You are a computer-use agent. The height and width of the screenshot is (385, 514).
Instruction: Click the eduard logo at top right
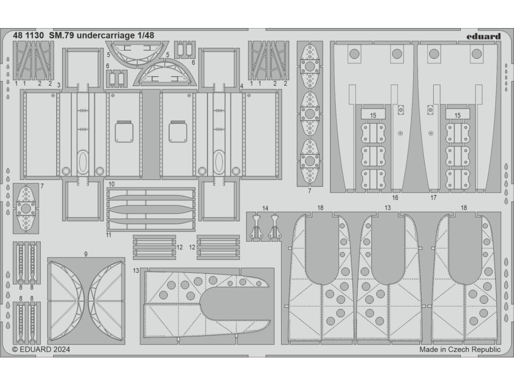pos(483,36)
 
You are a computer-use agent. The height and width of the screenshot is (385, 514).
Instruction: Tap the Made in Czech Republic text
pos(460,350)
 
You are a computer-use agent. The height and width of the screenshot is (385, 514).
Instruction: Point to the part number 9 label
pos(86,254)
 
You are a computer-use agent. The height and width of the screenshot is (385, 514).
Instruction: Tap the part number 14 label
pos(265,208)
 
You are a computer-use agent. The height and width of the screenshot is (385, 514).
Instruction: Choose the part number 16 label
pos(395,198)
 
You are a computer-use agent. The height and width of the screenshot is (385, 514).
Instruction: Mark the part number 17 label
pos(434,198)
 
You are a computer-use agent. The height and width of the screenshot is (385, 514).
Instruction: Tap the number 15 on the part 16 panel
pos(373,116)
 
